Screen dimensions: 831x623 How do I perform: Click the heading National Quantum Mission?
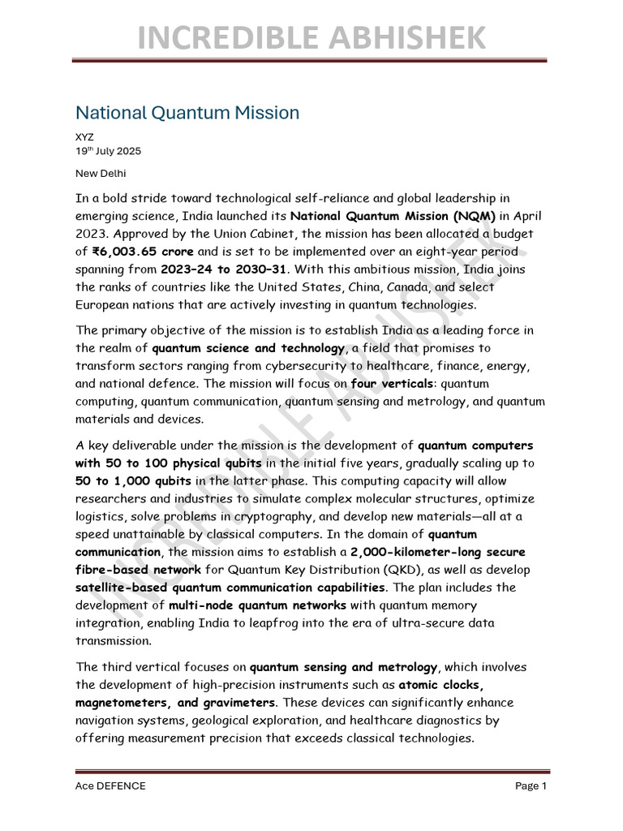pyautogui.click(x=187, y=113)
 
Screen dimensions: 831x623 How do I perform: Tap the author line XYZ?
pyautogui.click(x=84, y=137)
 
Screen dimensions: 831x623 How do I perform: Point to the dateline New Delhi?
pyautogui.click(x=101, y=173)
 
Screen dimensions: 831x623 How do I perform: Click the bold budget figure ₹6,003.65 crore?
pyautogui.click(x=142, y=252)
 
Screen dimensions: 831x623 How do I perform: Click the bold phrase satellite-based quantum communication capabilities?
pyautogui.click(x=230, y=588)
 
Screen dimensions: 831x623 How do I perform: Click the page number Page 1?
pyautogui.click(x=531, y=786)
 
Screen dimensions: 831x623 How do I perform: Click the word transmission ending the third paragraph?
pyautogui.click(x=114, y=641)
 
